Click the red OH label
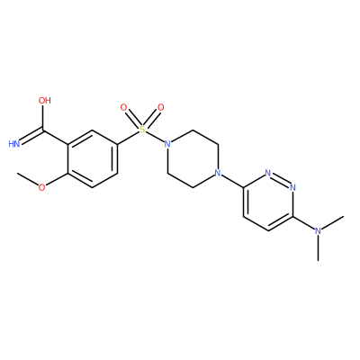(x=45, y=100)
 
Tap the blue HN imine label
(x=13, y=144)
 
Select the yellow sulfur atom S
(x=142, y=130)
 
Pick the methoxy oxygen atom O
(x=42, y=187)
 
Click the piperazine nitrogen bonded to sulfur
(x=167, y=144)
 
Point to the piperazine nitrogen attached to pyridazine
(x=218, y=173)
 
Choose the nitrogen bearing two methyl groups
(x=318, y=231)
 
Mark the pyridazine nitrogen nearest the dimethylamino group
(x=292, y=187)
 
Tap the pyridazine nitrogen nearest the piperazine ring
(x=268, y=173)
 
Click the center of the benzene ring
(x=93, y=159)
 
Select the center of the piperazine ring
(x=193, y=158)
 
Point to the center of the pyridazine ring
(x=268, y=202)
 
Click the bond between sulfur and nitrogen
(x=155, y=137)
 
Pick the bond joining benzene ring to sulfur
(x=129, y=138)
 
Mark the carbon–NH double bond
(x=31, y=136)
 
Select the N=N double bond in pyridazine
(x=281, y=179)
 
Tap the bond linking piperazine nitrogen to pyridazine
(x=230, y=180)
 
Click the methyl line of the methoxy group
(x=28, y=179)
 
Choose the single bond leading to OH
(x=42, y=118)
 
